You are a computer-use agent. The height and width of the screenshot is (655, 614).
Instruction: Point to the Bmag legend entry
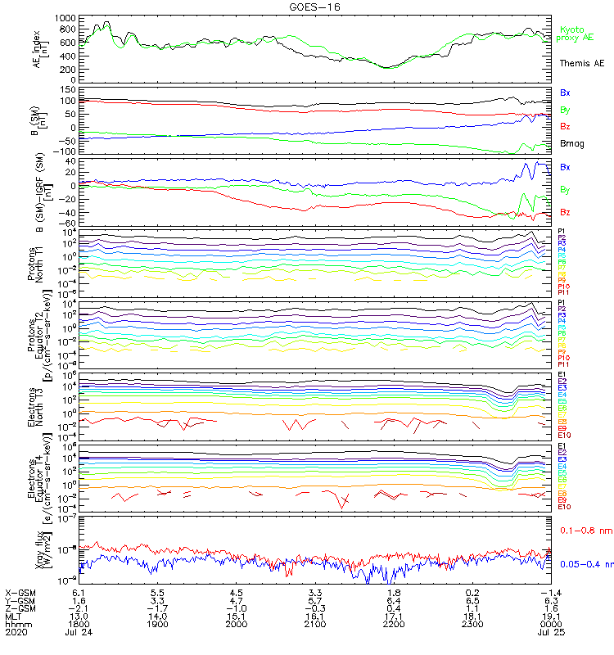click(x=571, y=142)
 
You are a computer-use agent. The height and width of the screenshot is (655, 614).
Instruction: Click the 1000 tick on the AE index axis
click(x=67, y=18)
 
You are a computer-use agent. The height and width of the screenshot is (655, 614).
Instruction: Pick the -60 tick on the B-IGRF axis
click(x=69, y=224)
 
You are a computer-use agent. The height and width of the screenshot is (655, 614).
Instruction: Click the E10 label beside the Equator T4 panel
click(x=564, y=507)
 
